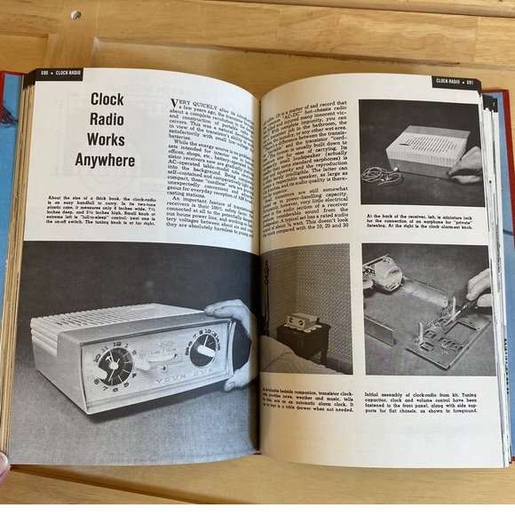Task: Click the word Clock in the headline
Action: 107,99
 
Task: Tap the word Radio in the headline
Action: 107,119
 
